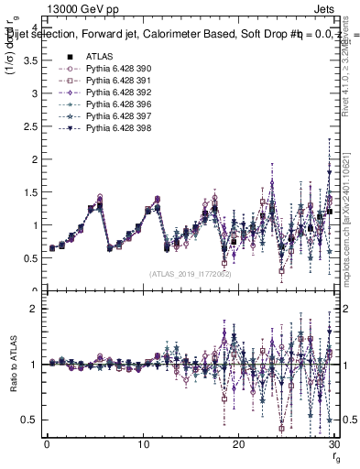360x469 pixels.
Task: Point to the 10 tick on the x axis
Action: click(143, 444)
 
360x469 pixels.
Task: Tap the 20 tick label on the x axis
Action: click(238, 444)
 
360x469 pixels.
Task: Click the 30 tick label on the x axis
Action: click(333, 444)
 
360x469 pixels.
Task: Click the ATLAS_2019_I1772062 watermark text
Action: click(190, 274)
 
